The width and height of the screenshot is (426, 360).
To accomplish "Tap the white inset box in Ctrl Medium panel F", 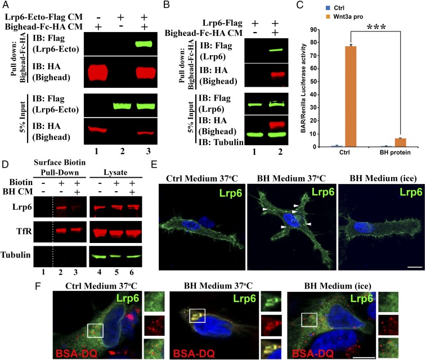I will point(96,316).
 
